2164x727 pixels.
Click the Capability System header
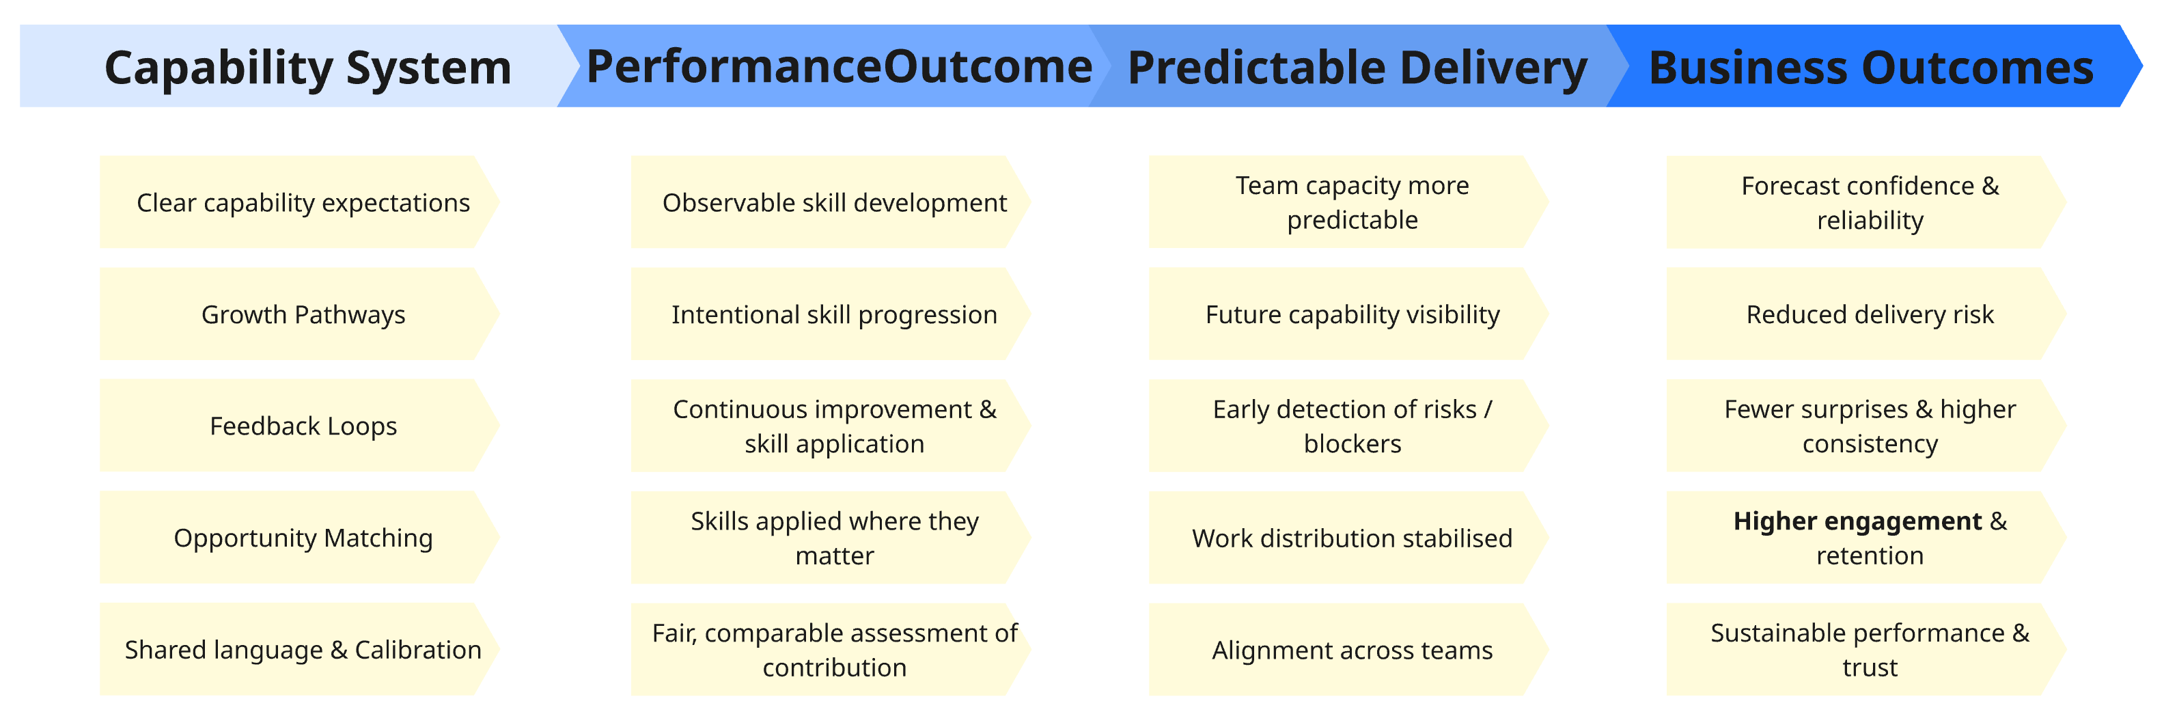tap(307, 67)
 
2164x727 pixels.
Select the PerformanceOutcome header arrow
tap(838, 67)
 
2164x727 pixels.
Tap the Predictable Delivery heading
tap(1356, 67)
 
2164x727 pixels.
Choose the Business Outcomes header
tap(1870, 67)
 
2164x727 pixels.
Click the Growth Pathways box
tap(303, 314)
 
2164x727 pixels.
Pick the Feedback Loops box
tap(303, 426)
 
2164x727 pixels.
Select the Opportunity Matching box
tap(303, 538)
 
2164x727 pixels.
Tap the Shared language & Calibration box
tap(303, 650)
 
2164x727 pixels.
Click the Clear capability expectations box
tap(303, 202)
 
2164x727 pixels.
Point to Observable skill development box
tap(833, 202)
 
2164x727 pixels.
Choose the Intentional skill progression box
tap(833, 314)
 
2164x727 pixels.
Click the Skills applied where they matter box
tap(833, 538)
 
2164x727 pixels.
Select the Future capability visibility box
tap(1352, 314)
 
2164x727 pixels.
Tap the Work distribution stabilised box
tap(1352, 538)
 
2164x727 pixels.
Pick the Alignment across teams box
tap(1352, 650)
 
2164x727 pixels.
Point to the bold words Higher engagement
tap(1857, 521)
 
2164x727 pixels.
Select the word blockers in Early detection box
tap(1352, 443)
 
